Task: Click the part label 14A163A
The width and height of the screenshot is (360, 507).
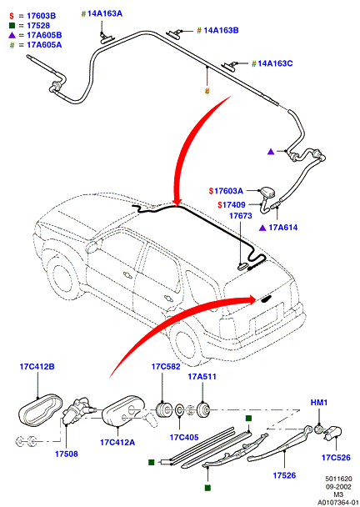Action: click(105, 14)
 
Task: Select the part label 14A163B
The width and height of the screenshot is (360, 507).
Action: click(222, 31)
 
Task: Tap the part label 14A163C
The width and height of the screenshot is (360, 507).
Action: click(275, 63)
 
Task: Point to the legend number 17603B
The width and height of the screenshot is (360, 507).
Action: click(42, 16)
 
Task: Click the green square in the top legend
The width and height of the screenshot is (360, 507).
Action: click(12, 25)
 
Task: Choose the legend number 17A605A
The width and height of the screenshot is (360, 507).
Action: click(44, 45)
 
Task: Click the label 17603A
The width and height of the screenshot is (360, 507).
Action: click(228, 191)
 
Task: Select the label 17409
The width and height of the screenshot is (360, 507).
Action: click(234, 205)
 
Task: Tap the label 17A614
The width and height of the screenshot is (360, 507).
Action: click(283, 228)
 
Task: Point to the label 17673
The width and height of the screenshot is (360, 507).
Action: click(241, 216)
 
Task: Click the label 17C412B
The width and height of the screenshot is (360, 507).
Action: click(37, 367)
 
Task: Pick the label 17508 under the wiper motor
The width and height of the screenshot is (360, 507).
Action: click(66, 454)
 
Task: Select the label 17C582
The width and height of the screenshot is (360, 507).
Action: click(166, 367)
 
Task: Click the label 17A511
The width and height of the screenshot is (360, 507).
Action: click(202, 377)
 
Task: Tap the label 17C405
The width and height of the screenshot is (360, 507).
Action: click(184, 438)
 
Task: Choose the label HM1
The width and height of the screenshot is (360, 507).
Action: click(319, 403)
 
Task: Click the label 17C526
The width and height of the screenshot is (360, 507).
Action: click(336, 458)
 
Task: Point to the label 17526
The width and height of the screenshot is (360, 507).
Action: click(284, 475)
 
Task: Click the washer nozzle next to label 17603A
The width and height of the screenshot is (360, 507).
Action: click(267, 193)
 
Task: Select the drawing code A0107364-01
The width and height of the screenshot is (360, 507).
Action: click(338, 503)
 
